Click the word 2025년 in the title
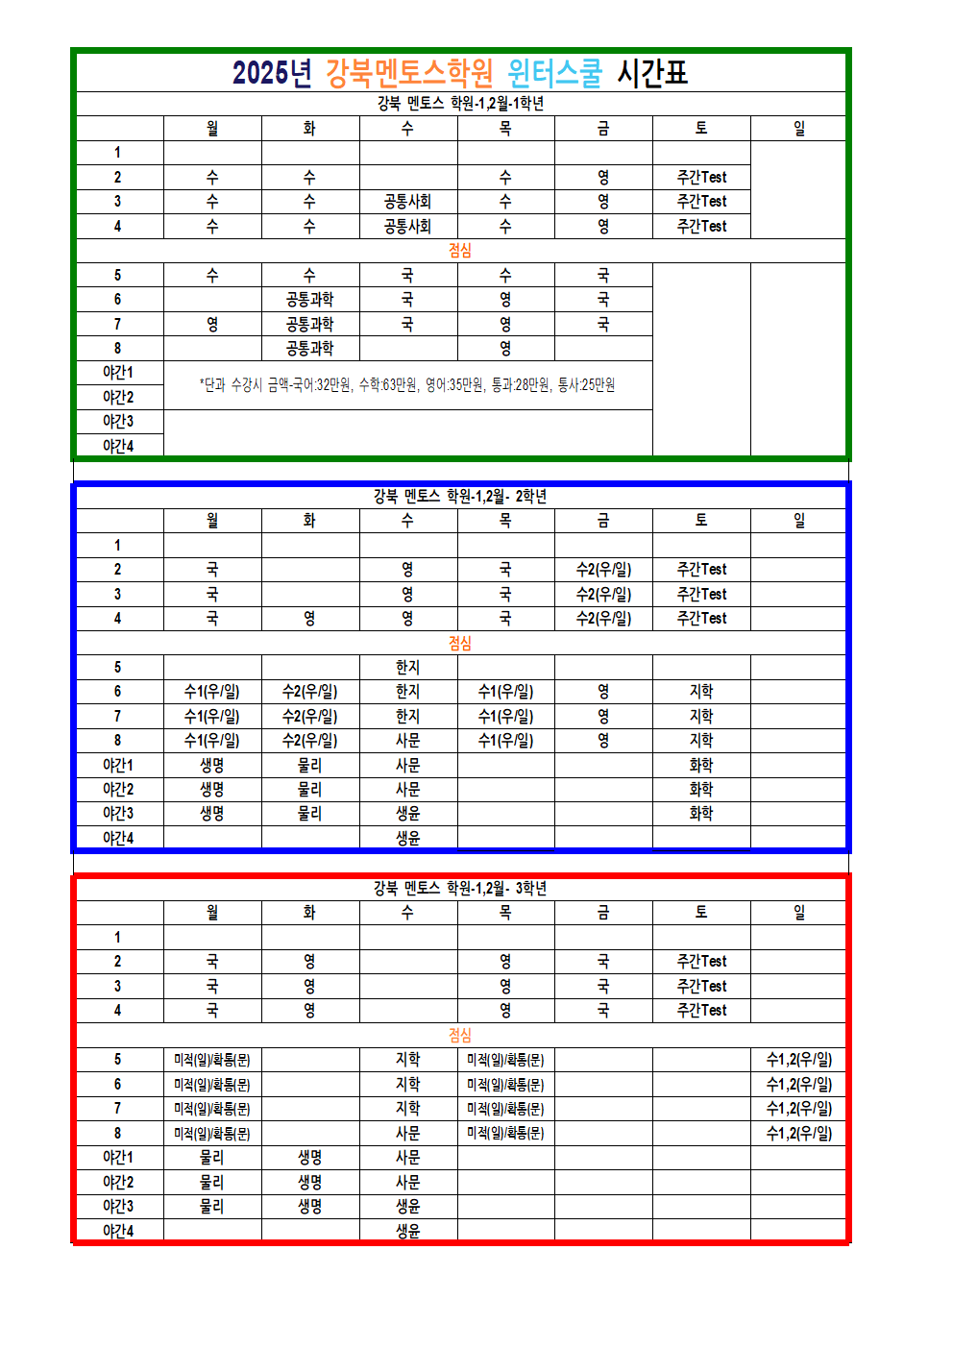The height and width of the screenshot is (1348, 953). (272, 73)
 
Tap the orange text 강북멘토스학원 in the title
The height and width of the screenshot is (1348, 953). (409, 73)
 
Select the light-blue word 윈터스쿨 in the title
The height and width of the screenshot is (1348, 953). (554, 73)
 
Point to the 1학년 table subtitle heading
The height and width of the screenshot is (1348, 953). (460, 104)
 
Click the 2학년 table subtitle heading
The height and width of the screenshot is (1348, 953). (460, 496)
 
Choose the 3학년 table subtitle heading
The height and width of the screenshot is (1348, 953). (460, 888)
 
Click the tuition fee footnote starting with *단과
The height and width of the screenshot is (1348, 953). (407, 385)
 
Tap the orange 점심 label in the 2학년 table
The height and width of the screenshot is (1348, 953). (460, 643)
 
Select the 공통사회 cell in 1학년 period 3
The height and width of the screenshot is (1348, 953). (407, 202)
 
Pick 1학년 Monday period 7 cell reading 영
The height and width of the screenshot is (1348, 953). (212, 325)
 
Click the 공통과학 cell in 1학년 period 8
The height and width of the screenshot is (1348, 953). (309, 349)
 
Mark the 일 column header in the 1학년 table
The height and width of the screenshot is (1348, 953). (798, 129)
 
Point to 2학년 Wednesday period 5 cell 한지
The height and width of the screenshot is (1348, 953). (407, 667)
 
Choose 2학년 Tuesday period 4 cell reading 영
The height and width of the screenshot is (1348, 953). (309, 619)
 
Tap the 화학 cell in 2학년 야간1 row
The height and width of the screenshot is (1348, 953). (701, 766)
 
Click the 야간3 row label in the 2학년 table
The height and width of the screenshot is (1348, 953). (118, 814)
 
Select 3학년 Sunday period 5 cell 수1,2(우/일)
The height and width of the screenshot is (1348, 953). (798, 1060)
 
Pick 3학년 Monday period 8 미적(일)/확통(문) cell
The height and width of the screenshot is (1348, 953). (212, 1134)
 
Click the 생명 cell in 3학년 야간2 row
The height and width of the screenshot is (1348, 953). (309, 1183)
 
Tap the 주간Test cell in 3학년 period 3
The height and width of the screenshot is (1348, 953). (701, 987)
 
